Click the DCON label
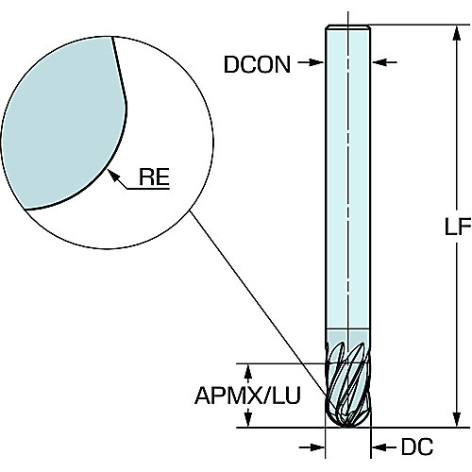pyautogui.click(x=257, y=64)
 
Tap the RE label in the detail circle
pyautogui.click(x=154, y=177)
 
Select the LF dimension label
pyautogui.click(x=458, y=227)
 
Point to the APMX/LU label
pyautogui.click(x=247, y=396)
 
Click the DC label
pyautogui.click(x=417, y=447)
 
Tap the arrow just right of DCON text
pyautogui.click(x=311, y=62)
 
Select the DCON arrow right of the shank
pyautogui.click(x=384, y=62)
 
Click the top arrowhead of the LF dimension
pyautogui.click(x=457, y=33)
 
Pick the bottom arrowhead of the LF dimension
pyautogui.click(x=457, y=419)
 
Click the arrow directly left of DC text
pyautogui.click(x=384, y=447)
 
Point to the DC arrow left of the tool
pyautogui.click(x=312, y=447)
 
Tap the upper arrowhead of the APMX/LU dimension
pyautogui.click(x=248, y=372)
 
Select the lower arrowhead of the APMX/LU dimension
pyautogui.click(x=248, y=419)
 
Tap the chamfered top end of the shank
pyautogui.click(x=348, y=27)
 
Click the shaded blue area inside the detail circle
pyautogui.click(x=64, y=123)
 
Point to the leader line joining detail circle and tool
pyautogui.click(x=258, y=302)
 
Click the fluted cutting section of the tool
pyautogui.click(x=348, y=384)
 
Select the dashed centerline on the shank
pyautogui.click(x=348, y=177)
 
